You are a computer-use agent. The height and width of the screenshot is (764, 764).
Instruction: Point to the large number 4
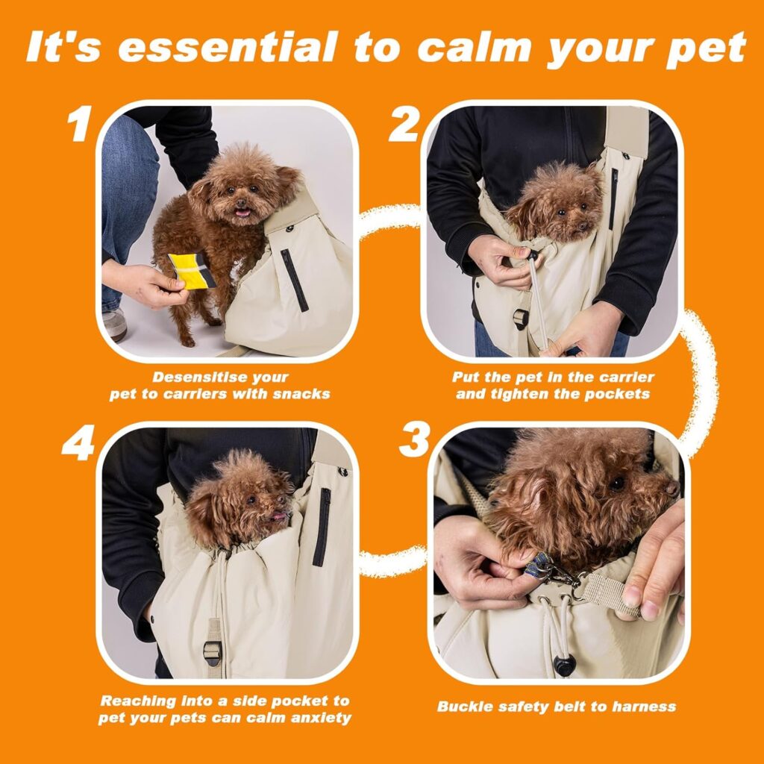pos(78,444)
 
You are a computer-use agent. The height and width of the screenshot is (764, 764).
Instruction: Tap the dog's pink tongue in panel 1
pos(241,213)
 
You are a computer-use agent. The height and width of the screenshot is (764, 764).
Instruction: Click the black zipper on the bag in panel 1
pos(294,280)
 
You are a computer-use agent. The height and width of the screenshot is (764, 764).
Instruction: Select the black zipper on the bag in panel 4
pos(322,526)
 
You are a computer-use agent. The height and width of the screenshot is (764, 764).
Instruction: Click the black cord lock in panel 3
pos(564,666)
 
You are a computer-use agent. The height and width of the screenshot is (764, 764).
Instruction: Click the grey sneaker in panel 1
pos(114,325)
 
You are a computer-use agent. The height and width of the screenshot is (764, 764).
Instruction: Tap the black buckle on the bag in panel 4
pos(213,651)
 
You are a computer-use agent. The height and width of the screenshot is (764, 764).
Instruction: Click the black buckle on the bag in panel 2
pos(520,318)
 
